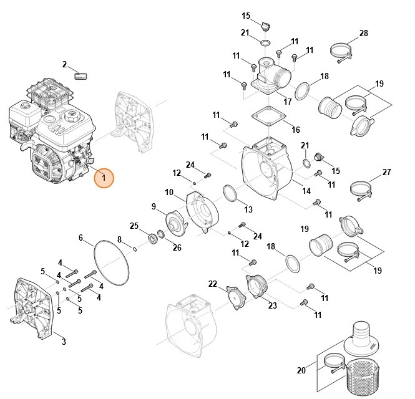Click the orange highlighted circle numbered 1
click(104, 179)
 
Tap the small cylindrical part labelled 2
click(81, 76)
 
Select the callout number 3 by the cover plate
click(64, 341)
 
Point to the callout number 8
click(120, 239)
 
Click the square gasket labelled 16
click(266, 117)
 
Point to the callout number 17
click(288, 102)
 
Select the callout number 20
click(301, 370)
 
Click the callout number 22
click(213, 284)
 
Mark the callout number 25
click(134, 225)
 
